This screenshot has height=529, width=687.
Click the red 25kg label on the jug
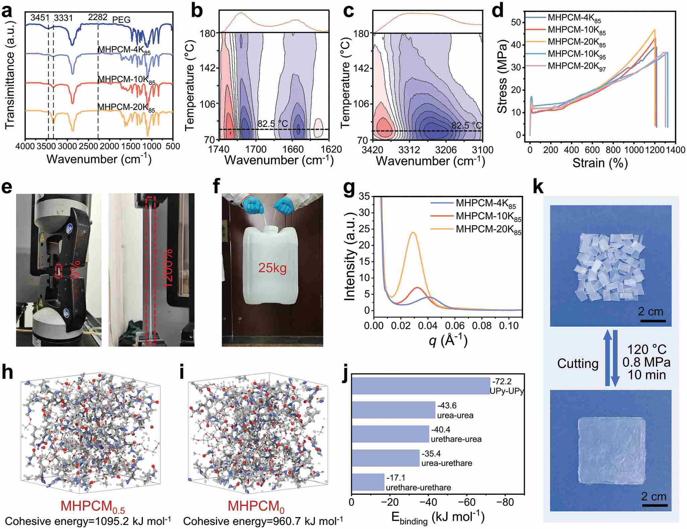click(x=272, y=268)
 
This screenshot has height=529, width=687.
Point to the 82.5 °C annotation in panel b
click(x=272, y=124)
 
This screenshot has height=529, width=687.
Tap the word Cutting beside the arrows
click(x=578, y=363)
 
